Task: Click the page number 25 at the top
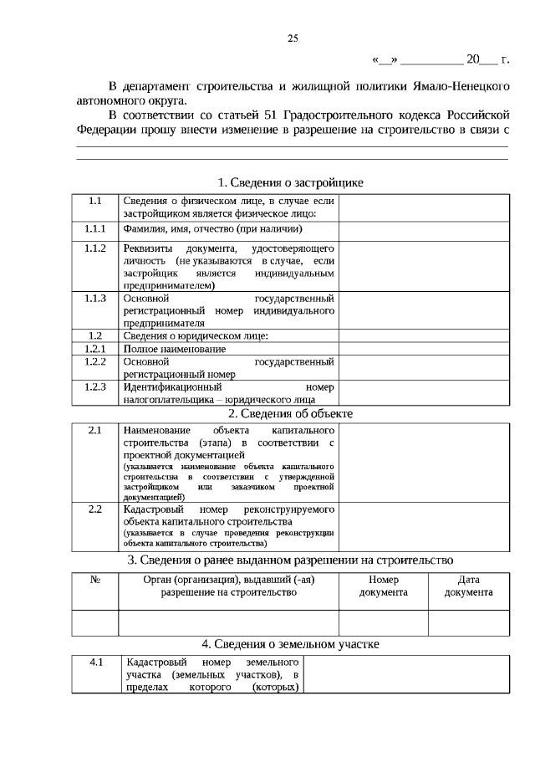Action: tap(293, 38)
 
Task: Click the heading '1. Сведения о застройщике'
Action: tap(290, 182)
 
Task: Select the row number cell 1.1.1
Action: tap(94, 229)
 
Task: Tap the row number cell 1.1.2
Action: tap(94, 249)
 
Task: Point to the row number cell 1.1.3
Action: tap(94, 299)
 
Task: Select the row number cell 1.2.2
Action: tap(94, 361)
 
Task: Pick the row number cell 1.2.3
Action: tap(94, 387)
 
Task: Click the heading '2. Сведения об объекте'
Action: tap(290, 413)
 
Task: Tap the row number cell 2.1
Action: tap(94, 430)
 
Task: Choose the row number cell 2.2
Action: tap(94, 509)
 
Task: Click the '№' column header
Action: tap(94, 580)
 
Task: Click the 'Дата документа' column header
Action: tap(468, 586)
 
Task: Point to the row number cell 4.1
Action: tap(96, 662)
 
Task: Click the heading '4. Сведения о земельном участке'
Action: tap(290, 644)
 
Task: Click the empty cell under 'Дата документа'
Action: tap(468, 623)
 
